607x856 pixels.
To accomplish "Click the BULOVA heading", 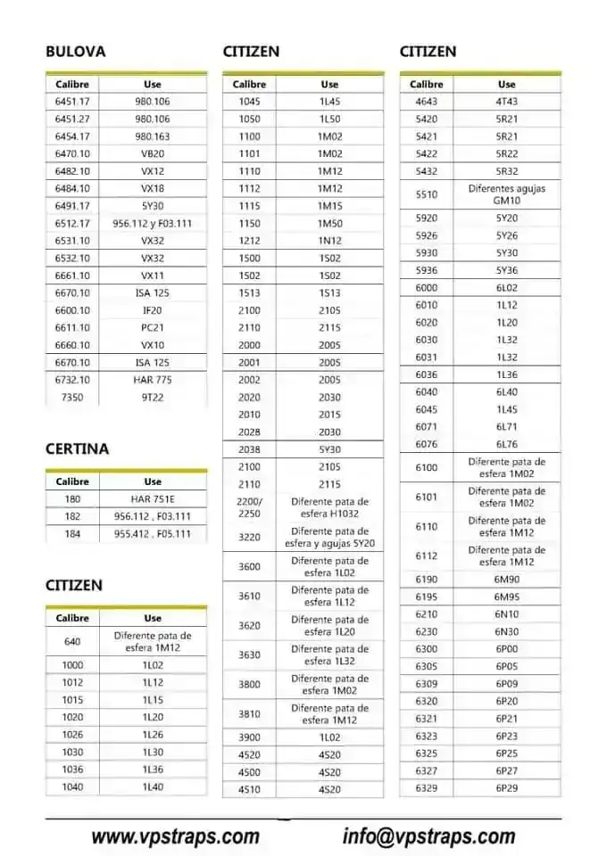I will click(75, 52).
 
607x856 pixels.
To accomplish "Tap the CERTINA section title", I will click(77, 449).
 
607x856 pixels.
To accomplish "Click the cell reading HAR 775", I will click(153, 380).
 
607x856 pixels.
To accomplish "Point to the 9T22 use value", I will click(153, 398).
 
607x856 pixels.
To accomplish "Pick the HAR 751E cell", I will click(153, 499).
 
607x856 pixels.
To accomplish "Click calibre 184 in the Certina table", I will click(72, 534).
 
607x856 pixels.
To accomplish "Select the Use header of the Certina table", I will click(153, 481).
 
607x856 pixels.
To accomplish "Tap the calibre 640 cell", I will click(72, 641).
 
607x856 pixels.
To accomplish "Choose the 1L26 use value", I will click(153, 735).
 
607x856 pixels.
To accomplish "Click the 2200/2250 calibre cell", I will click(249, 507).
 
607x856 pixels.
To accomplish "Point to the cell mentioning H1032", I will click(329, 507).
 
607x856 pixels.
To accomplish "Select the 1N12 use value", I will click(329, 241).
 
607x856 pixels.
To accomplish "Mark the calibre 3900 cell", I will click(249, 737).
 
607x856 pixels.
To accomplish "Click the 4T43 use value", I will click(506, 102).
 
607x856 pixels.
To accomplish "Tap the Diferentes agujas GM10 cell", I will click(506, 194).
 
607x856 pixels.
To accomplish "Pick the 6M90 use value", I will click(506, 580).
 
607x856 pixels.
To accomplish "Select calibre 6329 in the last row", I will click(427, 788).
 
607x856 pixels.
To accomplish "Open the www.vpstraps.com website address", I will click(175, 836).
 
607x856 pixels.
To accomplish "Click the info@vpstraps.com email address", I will click(428, 836).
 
